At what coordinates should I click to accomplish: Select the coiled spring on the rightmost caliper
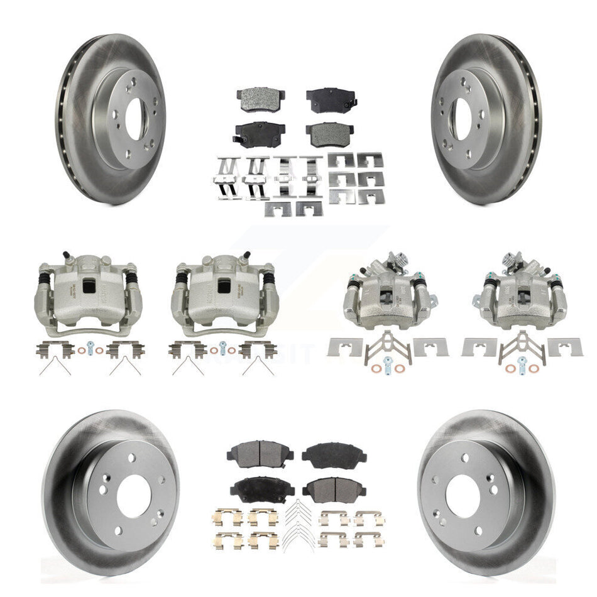(x=510, y=258)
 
